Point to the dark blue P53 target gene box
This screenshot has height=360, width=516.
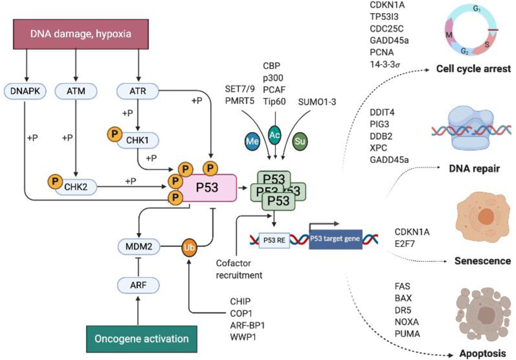[336, 239]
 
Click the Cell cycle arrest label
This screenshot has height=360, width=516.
[474, 69]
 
